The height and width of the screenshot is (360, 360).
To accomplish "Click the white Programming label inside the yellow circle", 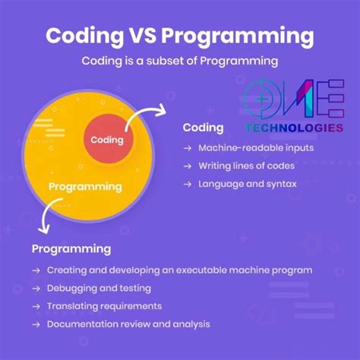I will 85,186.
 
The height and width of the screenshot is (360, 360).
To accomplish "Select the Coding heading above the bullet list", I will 203,128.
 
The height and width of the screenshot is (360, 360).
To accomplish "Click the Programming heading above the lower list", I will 71,248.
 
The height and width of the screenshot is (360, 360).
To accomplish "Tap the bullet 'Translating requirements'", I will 104,306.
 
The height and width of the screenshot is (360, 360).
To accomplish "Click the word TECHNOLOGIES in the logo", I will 293,128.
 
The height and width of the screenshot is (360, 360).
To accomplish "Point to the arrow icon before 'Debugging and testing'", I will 36,288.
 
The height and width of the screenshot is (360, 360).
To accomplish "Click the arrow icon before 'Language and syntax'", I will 188,184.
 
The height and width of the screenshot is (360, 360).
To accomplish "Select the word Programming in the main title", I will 244,36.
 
